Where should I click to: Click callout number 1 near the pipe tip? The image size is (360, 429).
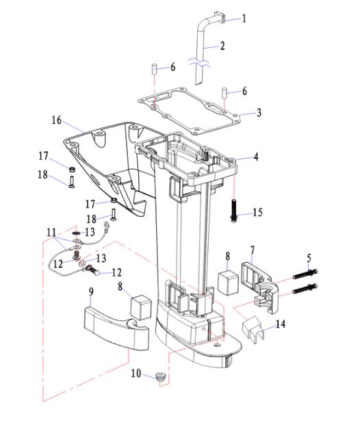click(244, 18)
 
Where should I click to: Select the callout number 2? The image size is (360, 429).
click(222, 46)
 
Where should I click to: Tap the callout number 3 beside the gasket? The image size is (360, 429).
click(259, 112)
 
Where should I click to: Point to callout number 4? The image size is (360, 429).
click(256, 157)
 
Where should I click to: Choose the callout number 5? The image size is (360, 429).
click(309, 258)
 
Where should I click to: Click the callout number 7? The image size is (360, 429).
click(252, 250)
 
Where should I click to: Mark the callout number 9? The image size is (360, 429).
click(91, 291)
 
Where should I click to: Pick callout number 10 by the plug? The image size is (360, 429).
click(136, 373)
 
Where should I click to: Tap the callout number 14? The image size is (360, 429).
click(281, 324)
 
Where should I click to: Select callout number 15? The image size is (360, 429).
click(257, 212)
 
